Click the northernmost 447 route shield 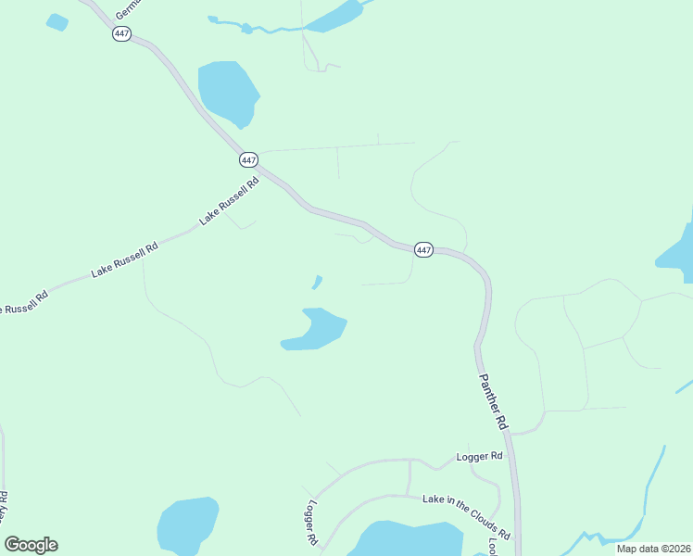point(121,33)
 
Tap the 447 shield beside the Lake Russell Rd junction point(248,159)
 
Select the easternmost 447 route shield point(423,250)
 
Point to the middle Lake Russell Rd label point(125,259)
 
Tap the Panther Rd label point(493,400)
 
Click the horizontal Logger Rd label point(479,456)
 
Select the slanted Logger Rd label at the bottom point(311,522)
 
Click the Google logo point(31,545)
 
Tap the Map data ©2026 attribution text point(653,549)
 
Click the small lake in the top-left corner point(57,22)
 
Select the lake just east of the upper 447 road point(228,91)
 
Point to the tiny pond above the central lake point(318,282)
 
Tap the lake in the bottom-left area point(187,526)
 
